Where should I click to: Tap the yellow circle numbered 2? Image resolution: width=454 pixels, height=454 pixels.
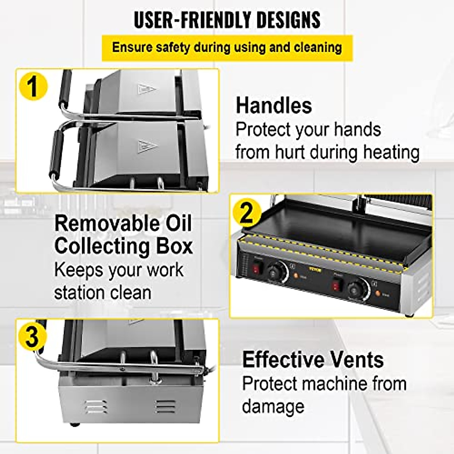coord(246,213)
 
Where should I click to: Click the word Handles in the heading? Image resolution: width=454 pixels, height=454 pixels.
coord(274,105)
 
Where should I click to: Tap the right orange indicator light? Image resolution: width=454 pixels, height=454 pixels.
coord(378,294)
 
